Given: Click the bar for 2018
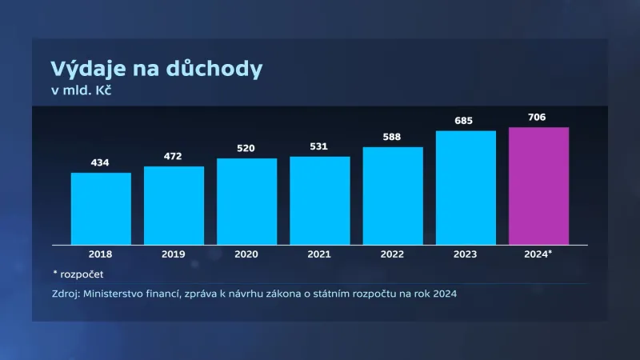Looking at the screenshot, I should coord(101,209).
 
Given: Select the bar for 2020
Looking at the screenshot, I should coord(246,202).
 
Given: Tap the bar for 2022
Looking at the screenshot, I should coord(392,196).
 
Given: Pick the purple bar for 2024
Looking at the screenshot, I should coord(538,186).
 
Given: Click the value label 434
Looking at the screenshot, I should coord(101,163).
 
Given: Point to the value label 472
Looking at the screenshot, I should coord(174,157).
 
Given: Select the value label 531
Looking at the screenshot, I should coord(319,146).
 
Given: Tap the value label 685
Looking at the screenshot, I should coord(465,121).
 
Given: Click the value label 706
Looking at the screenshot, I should coord(538,118).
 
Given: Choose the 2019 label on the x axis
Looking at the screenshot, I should coord(174,254).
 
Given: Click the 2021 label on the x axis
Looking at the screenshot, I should coord(319,254).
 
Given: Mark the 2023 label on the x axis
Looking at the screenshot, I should coord(465,254).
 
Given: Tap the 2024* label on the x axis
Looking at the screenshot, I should coord(538,254).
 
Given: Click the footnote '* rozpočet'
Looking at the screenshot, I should coord(77,274).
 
